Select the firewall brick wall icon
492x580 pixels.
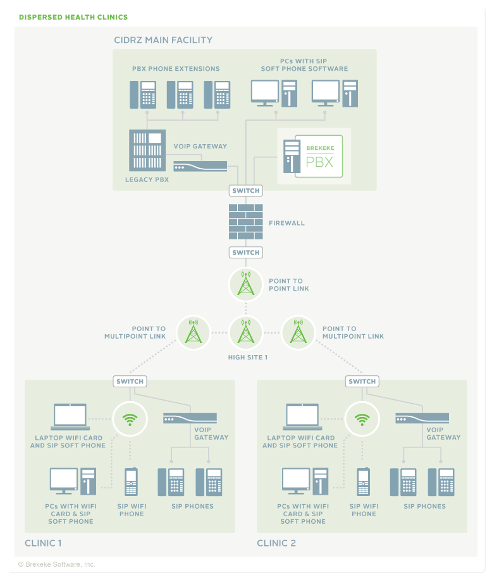coord(246,221)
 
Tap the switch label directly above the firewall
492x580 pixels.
coord(246,191)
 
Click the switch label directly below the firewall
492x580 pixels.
coord(246,253)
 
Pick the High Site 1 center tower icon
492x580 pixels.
coord(246,332)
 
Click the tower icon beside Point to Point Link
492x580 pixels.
coord(246,285)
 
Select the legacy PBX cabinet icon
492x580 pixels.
coord(147,150)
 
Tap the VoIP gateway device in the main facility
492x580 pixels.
coord(200,166)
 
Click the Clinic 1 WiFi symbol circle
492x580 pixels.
coord(130,418)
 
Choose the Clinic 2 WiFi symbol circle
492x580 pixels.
coord(362,418)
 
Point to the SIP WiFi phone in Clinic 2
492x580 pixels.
coord(364,482)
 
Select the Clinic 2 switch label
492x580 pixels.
coord(362,382)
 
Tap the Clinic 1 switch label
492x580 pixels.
coord(130,382)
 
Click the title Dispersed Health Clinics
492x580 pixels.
coord(73,18)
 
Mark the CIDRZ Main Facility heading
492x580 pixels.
coord(163,40)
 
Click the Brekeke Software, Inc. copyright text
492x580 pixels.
coord(57,564)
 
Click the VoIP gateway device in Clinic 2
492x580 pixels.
coord(422,418)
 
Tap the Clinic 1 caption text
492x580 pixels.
coord(44,543)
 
